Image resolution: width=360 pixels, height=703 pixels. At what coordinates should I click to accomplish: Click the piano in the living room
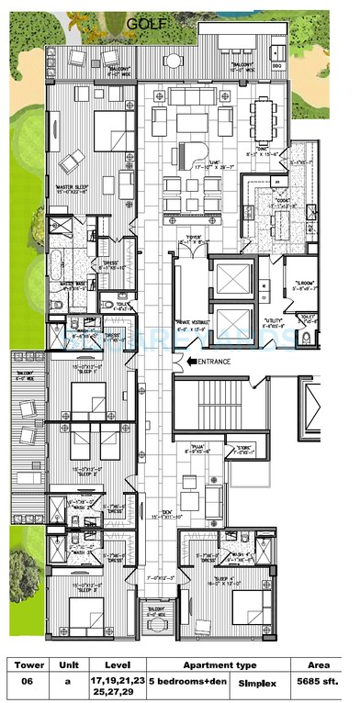point(196,151)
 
